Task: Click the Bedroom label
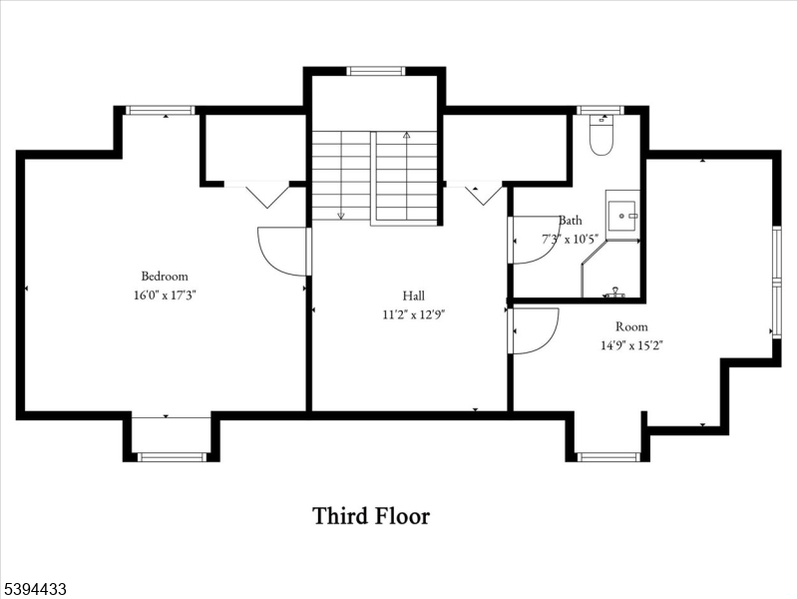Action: pyautogui.click(x=164, y=277)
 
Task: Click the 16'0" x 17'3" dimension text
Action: pyautogui.click(x=164, y=295)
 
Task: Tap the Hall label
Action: pyautogui.click(x=413, y=296)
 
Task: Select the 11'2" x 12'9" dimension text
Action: pyautogui.click(x=413, y=313)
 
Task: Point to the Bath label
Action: pyautogui.click(x=571, y=221)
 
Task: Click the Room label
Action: pyautogui.click(x=631, y=326)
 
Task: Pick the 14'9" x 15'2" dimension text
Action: pyautogui.click(x=631, y=345)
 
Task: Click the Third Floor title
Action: pyautogui.click(x=371, y=516)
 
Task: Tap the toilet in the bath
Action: pyautogui.click(x=600, y=137)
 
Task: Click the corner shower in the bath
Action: pyautogui.click(x=610, y=270)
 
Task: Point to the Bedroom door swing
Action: pyautogui.click(x=281, y=251)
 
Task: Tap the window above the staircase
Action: pyautogui.click(x=375, y=71)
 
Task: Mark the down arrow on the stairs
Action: pyautogui.click(x=341, y=212)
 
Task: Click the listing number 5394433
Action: pyautogui.click(x=35, y=590)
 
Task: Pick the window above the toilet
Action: pyautogui.click(x=600, y=110)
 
